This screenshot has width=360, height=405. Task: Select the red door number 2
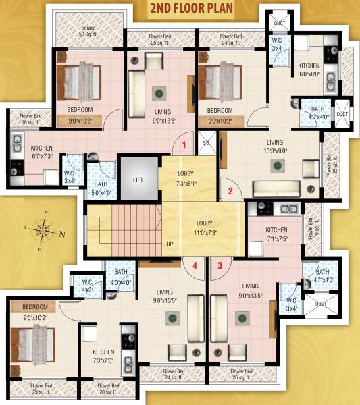tap(230, 191)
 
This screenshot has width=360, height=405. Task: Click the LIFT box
tap(138, 180)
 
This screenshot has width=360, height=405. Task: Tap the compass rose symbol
tap(45, 229)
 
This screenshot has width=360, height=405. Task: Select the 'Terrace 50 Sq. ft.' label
tap(88, 30)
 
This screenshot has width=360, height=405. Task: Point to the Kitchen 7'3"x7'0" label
tap(103, 356)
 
